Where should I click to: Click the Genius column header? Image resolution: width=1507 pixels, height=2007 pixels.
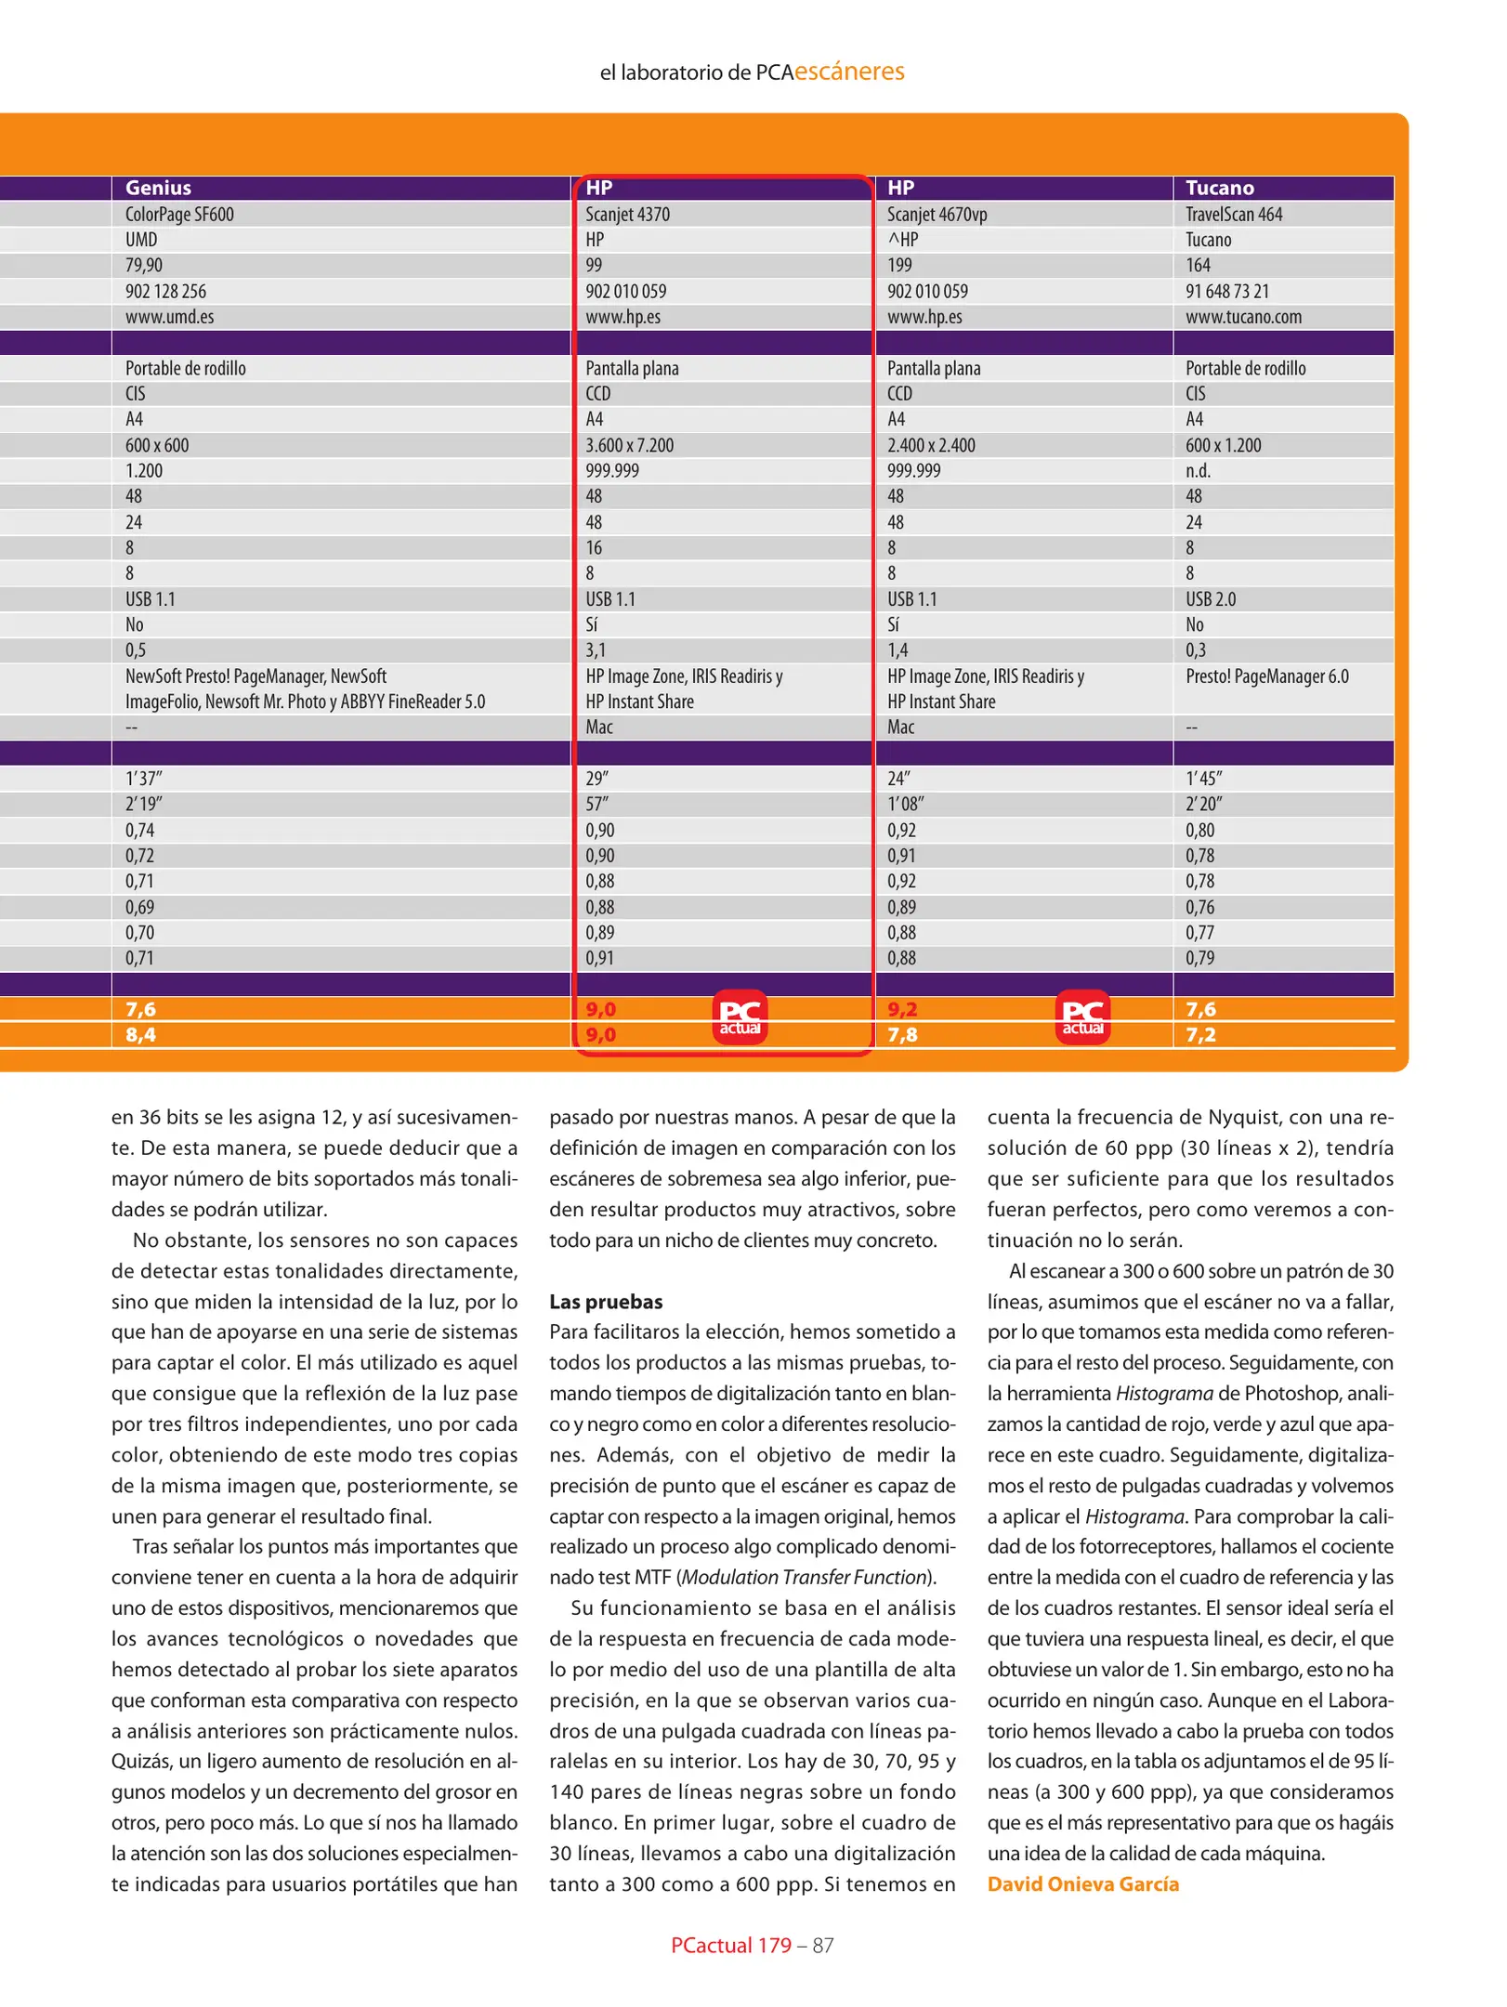click(158, 188)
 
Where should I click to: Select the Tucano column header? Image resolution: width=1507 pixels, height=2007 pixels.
click(1219, 188)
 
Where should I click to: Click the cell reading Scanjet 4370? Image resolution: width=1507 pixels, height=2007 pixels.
click(627, 214)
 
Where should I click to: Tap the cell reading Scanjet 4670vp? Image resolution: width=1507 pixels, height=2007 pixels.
click(937, 214)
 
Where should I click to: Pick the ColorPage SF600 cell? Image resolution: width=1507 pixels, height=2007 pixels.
click(179, 214)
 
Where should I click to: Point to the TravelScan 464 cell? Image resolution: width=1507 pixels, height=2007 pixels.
click(1233, 214)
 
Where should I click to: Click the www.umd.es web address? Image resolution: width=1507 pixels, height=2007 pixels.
click(169, 317)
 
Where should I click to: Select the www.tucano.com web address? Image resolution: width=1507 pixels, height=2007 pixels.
click(1243, 317)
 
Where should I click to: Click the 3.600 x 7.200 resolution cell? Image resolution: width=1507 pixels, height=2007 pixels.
click(629, 445)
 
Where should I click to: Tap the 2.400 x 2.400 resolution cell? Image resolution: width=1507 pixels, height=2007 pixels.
click(931, 445)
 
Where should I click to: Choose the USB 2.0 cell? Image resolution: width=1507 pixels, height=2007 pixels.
click(1211, 599)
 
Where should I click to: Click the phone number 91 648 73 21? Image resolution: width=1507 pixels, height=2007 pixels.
click(1226, 291)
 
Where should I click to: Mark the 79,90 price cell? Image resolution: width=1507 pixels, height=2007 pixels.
click(144, 265)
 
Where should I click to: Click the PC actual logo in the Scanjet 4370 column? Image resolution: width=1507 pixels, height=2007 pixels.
click(740, 1017)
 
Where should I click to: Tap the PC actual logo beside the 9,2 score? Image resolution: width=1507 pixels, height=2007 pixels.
click(1082, 1017)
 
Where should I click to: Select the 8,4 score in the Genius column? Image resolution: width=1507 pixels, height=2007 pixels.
click(140, 1034)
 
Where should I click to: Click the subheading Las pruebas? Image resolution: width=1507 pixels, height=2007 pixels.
click(606, 1302)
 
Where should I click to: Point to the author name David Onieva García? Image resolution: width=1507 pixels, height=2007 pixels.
click(1082, 1883)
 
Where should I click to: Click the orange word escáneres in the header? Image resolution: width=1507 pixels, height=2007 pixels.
click(848, 72)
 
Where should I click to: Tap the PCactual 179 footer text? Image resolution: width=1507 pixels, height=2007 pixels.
click(730, 1945)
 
